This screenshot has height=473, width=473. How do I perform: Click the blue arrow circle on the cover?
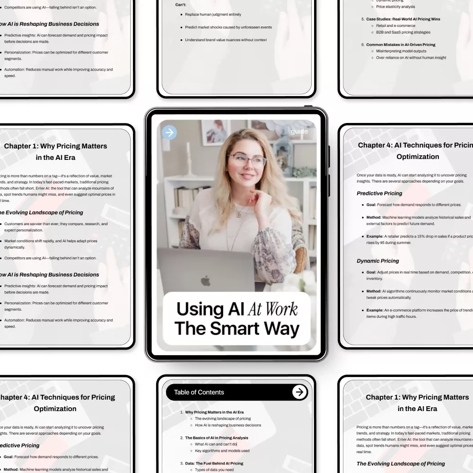tap(169, 132)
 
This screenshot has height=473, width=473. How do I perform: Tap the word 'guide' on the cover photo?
tap(299, 131)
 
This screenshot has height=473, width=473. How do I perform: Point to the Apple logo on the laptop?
tap(205, 281)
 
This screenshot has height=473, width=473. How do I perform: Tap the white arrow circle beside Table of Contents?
tap(299, 392)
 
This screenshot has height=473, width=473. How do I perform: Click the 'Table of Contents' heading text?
tap(199, 392)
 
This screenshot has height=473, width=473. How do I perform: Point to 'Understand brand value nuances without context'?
tap(226, 40)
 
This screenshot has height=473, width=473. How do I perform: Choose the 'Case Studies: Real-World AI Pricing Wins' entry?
tap(403, 19)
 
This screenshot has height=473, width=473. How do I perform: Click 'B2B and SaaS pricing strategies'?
tap(403, 33)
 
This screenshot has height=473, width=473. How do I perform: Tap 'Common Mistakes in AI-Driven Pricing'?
tap(401, 45)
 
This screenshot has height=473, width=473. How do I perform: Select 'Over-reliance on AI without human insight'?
tap(411, 58)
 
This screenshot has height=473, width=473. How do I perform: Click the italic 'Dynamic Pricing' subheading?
tap(377, 261)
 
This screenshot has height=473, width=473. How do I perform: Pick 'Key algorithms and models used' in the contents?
tap(222, 451)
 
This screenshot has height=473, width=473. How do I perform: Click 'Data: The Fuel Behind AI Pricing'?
tap(214, 464)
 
